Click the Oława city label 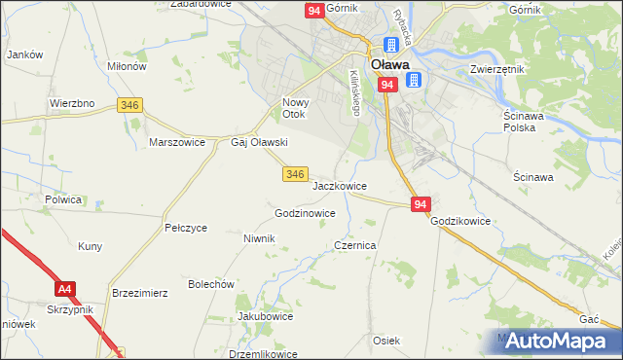tap(395, 65)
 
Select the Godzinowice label tap(306, 213)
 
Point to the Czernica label tap(355, 246)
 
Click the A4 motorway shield tap(64, 289)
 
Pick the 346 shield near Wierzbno tap(128, 104)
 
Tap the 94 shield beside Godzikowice tap(420, 204)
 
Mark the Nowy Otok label tap(294, 108)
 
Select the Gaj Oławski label tap(258, 142)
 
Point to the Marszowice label tap(176, 142)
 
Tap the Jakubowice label tap(266, 317)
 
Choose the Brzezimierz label tap(141, 292)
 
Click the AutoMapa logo tap(559, 341)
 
